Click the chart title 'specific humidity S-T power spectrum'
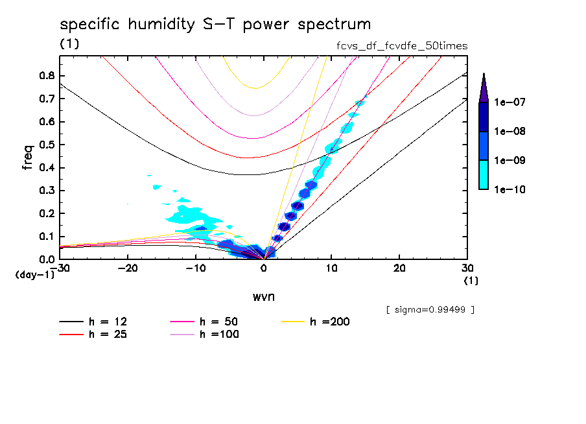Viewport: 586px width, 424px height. pyautogui.click(x=215, y=25)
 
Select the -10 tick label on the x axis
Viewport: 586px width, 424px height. pyautogui.click(x=195, y=268)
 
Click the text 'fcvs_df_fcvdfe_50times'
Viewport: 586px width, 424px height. pyautogui.click(x=399, y=46)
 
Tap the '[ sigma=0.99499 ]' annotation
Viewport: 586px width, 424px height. pyautogui.click(x=430, y=309)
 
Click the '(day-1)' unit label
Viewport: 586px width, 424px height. pyautogui.click(x=34, y=275)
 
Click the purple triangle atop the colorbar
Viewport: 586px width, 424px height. pyautogui.click(x=484, y=87)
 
